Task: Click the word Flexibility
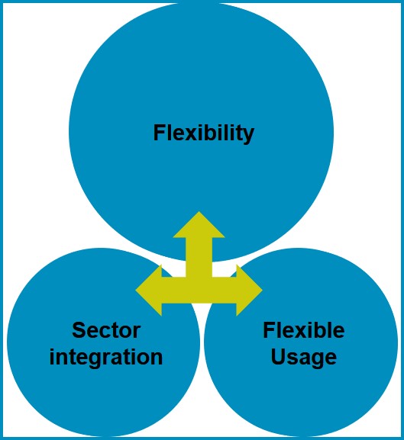click(x=204, y=133)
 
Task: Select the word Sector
click(x=106, y=330)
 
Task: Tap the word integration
click(x=106, y=358)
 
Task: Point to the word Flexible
click(x=304, y=329)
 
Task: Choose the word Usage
click(x=304, y=358)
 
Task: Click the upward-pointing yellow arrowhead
click(x=199, y=225)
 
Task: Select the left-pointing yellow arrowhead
click(x=149, y=290)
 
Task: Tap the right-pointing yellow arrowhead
click(x=249, y=290)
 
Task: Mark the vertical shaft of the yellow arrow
click(x=199, y=257)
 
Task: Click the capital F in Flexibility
click(x=159, y=133)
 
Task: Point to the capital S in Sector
click(x=79, y=330)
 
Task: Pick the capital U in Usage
click(x=278, y=356)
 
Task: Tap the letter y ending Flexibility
click(x=248, y=136)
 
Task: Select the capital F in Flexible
click(x=269, y=329)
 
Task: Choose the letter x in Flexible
click(x=298, y=332)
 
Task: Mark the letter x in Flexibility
click(x=188, y=135)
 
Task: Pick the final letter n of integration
click(x=157, y=358)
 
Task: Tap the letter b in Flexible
click(x=317, y=329)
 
